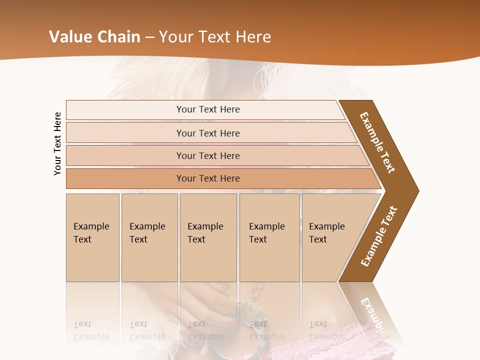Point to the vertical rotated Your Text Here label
pos(57,143)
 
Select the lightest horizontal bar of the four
pos(207,109)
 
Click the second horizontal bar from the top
pos(207,133)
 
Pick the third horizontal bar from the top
pos(207,155)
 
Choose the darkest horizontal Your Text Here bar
pos(207,178)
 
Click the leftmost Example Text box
pos(92,237)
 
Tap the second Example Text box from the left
pos(149,237)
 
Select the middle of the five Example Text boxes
pos(208,237)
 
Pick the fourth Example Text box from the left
pos(269,237)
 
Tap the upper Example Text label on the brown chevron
pos(377,142)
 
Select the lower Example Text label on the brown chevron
pos(379,236)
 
